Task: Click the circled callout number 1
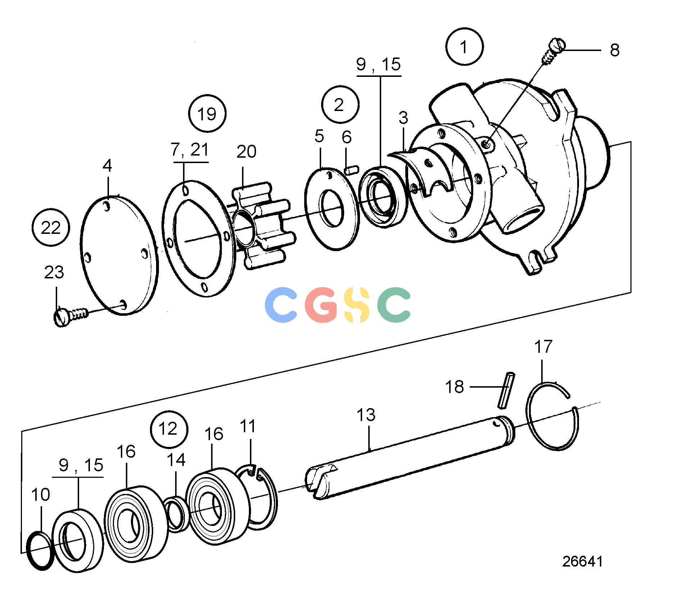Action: tap(464, 47)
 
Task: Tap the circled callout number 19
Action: tap(207, 114)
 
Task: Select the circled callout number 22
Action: tap(51, 227)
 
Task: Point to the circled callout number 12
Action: tap(169, 429)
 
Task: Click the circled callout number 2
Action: tap(340, 105)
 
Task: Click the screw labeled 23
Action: tap(70, 316)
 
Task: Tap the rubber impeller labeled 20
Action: tap(262, 225)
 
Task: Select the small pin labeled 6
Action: tap(351, 170)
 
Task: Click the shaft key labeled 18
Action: tap(506, 390)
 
